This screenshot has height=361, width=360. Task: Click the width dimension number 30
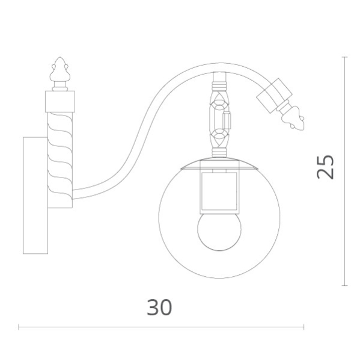pyautogui.click(x=159, y=307)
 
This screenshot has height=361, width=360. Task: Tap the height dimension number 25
pyautogui.click(x=325, y=167)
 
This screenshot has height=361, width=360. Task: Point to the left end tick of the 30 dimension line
pyautogui.click(x=19, y=327)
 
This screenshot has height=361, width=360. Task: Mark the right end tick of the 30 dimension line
pyautogui.click(x=304, y=327)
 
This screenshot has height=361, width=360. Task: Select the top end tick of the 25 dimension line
pyautogui.click(x=344, y=57)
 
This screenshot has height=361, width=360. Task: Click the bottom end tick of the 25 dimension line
pyautogui.click(x=344, y=285)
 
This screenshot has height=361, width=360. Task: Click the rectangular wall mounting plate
pyautogui.click(x=35, y=195)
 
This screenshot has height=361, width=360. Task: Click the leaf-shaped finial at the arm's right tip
pyautogui.click(x=294, y=118)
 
